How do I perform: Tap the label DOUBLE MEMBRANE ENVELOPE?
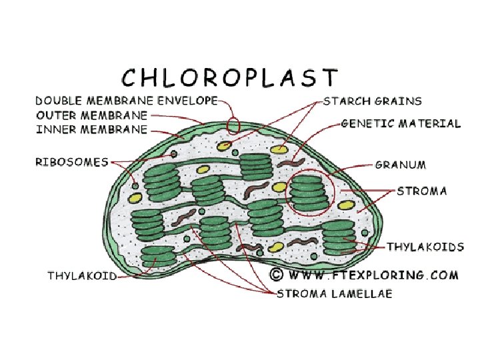(x=127, y=101)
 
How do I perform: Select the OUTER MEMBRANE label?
(x=91, y=115)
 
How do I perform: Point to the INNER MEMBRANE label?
(x=91, y=129)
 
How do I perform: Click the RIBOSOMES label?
(x=72, y=162)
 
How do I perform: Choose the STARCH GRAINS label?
(x=373, y=101)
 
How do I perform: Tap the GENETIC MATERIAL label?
(x=401, y=123)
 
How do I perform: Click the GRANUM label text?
(x=401, y=164)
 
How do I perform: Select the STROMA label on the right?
(x=422, y=191)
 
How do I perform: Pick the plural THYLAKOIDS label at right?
(x=425, y=247)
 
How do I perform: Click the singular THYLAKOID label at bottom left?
(x=82, y=275)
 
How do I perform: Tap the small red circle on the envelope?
(x=233, y=124)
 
